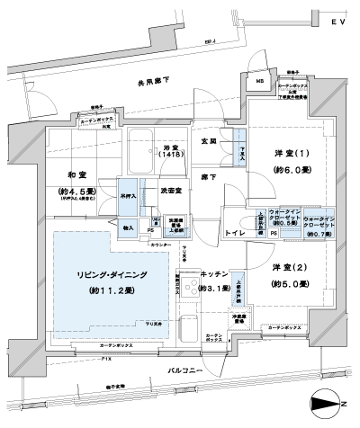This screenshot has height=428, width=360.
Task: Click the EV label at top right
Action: (338, 20)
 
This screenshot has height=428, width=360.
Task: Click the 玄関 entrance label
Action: (209, 142)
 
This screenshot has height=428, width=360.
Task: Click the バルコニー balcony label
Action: (185, 370)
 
